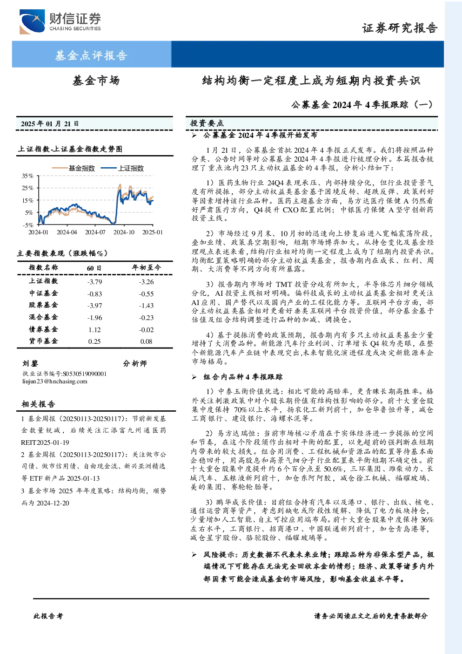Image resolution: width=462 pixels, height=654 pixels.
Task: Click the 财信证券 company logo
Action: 60,21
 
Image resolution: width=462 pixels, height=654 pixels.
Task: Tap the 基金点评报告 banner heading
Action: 91,55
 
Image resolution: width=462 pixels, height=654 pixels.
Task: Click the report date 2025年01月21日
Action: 50,124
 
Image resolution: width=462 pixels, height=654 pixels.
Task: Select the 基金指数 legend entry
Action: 74,168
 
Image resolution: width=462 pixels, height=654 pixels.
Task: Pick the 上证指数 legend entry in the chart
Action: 122,168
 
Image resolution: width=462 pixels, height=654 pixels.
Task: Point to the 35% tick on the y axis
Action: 28,176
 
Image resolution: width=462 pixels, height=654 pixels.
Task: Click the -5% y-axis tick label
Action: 28,225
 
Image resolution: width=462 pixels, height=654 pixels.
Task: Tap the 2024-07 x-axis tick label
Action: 95,232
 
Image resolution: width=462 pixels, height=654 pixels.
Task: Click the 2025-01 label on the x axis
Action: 152,232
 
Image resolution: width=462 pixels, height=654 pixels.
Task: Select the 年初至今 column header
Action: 147,267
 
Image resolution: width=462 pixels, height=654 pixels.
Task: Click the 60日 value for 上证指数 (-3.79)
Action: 94,282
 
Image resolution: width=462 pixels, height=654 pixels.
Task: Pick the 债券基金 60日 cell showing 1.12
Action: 94,330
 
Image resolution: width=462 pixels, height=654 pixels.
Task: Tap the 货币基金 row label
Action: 43,341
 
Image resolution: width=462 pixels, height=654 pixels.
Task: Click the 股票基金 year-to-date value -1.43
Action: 146,306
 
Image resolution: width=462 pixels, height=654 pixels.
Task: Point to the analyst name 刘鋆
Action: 30,363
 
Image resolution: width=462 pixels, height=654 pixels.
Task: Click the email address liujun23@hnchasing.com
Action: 55,381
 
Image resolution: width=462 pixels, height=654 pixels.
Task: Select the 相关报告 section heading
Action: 38,404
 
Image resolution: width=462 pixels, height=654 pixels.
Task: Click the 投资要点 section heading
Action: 207,123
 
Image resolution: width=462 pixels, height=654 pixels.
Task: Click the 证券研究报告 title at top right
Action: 400,28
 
